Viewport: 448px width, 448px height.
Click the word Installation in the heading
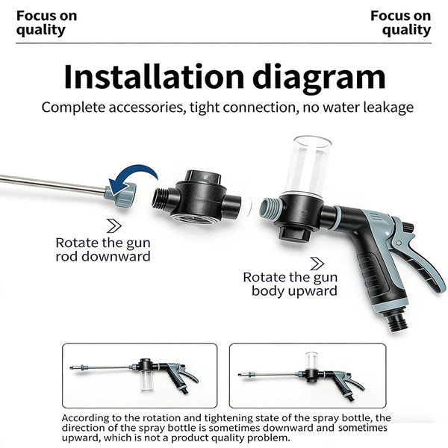click(x=154, y=77)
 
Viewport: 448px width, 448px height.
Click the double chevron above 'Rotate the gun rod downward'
click(x=114, y=225)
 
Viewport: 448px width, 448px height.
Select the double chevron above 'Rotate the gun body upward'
click(x=317, y=264)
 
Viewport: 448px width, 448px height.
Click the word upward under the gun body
click(x=314, y=291)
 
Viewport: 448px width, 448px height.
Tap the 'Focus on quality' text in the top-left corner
click(x=46, y=23)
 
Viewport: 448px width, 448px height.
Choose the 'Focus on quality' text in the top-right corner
click(x=401, y=23)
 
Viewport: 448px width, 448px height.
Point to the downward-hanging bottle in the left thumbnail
click(x=147, y=380)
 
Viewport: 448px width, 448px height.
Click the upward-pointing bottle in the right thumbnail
click(x=311, y=361)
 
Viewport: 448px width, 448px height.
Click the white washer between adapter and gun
click(x=247, y=206)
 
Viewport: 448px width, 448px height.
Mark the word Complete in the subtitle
click(x=73, y=108)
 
